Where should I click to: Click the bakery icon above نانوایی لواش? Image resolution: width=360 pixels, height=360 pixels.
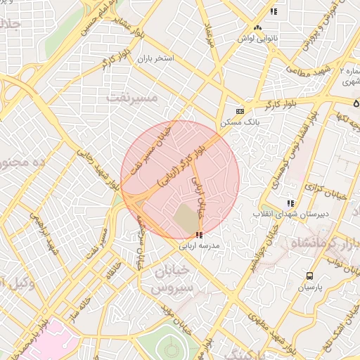[257, 27]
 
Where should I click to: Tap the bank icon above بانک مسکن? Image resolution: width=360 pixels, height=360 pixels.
[240, 111]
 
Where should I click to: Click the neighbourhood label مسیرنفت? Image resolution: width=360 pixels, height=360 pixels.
[131, 97]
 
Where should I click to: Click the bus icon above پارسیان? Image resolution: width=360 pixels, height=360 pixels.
[309, 276]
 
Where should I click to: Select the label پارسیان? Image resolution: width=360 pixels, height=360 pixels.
[309, 288]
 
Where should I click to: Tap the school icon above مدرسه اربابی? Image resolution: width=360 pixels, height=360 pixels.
[200, 235]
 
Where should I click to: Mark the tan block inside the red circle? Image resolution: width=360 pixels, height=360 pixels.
[187, 219]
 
